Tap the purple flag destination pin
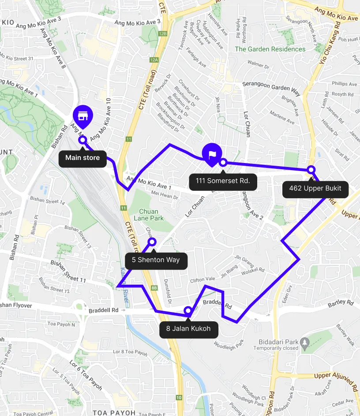[212, 154]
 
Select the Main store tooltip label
[82, 158]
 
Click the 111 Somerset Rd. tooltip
[223, 181]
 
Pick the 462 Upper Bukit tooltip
[315, 189]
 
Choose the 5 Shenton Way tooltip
[156, 260]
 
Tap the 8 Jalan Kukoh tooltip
[188, 329]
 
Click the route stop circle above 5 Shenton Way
[152, 242]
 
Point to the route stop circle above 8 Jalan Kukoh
[188, 310]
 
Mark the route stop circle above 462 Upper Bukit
[311, 170]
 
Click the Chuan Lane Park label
[151, 215]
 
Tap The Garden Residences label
[270, 49]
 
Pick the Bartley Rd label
[341, 303]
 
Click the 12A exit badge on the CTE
[154, 60]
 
